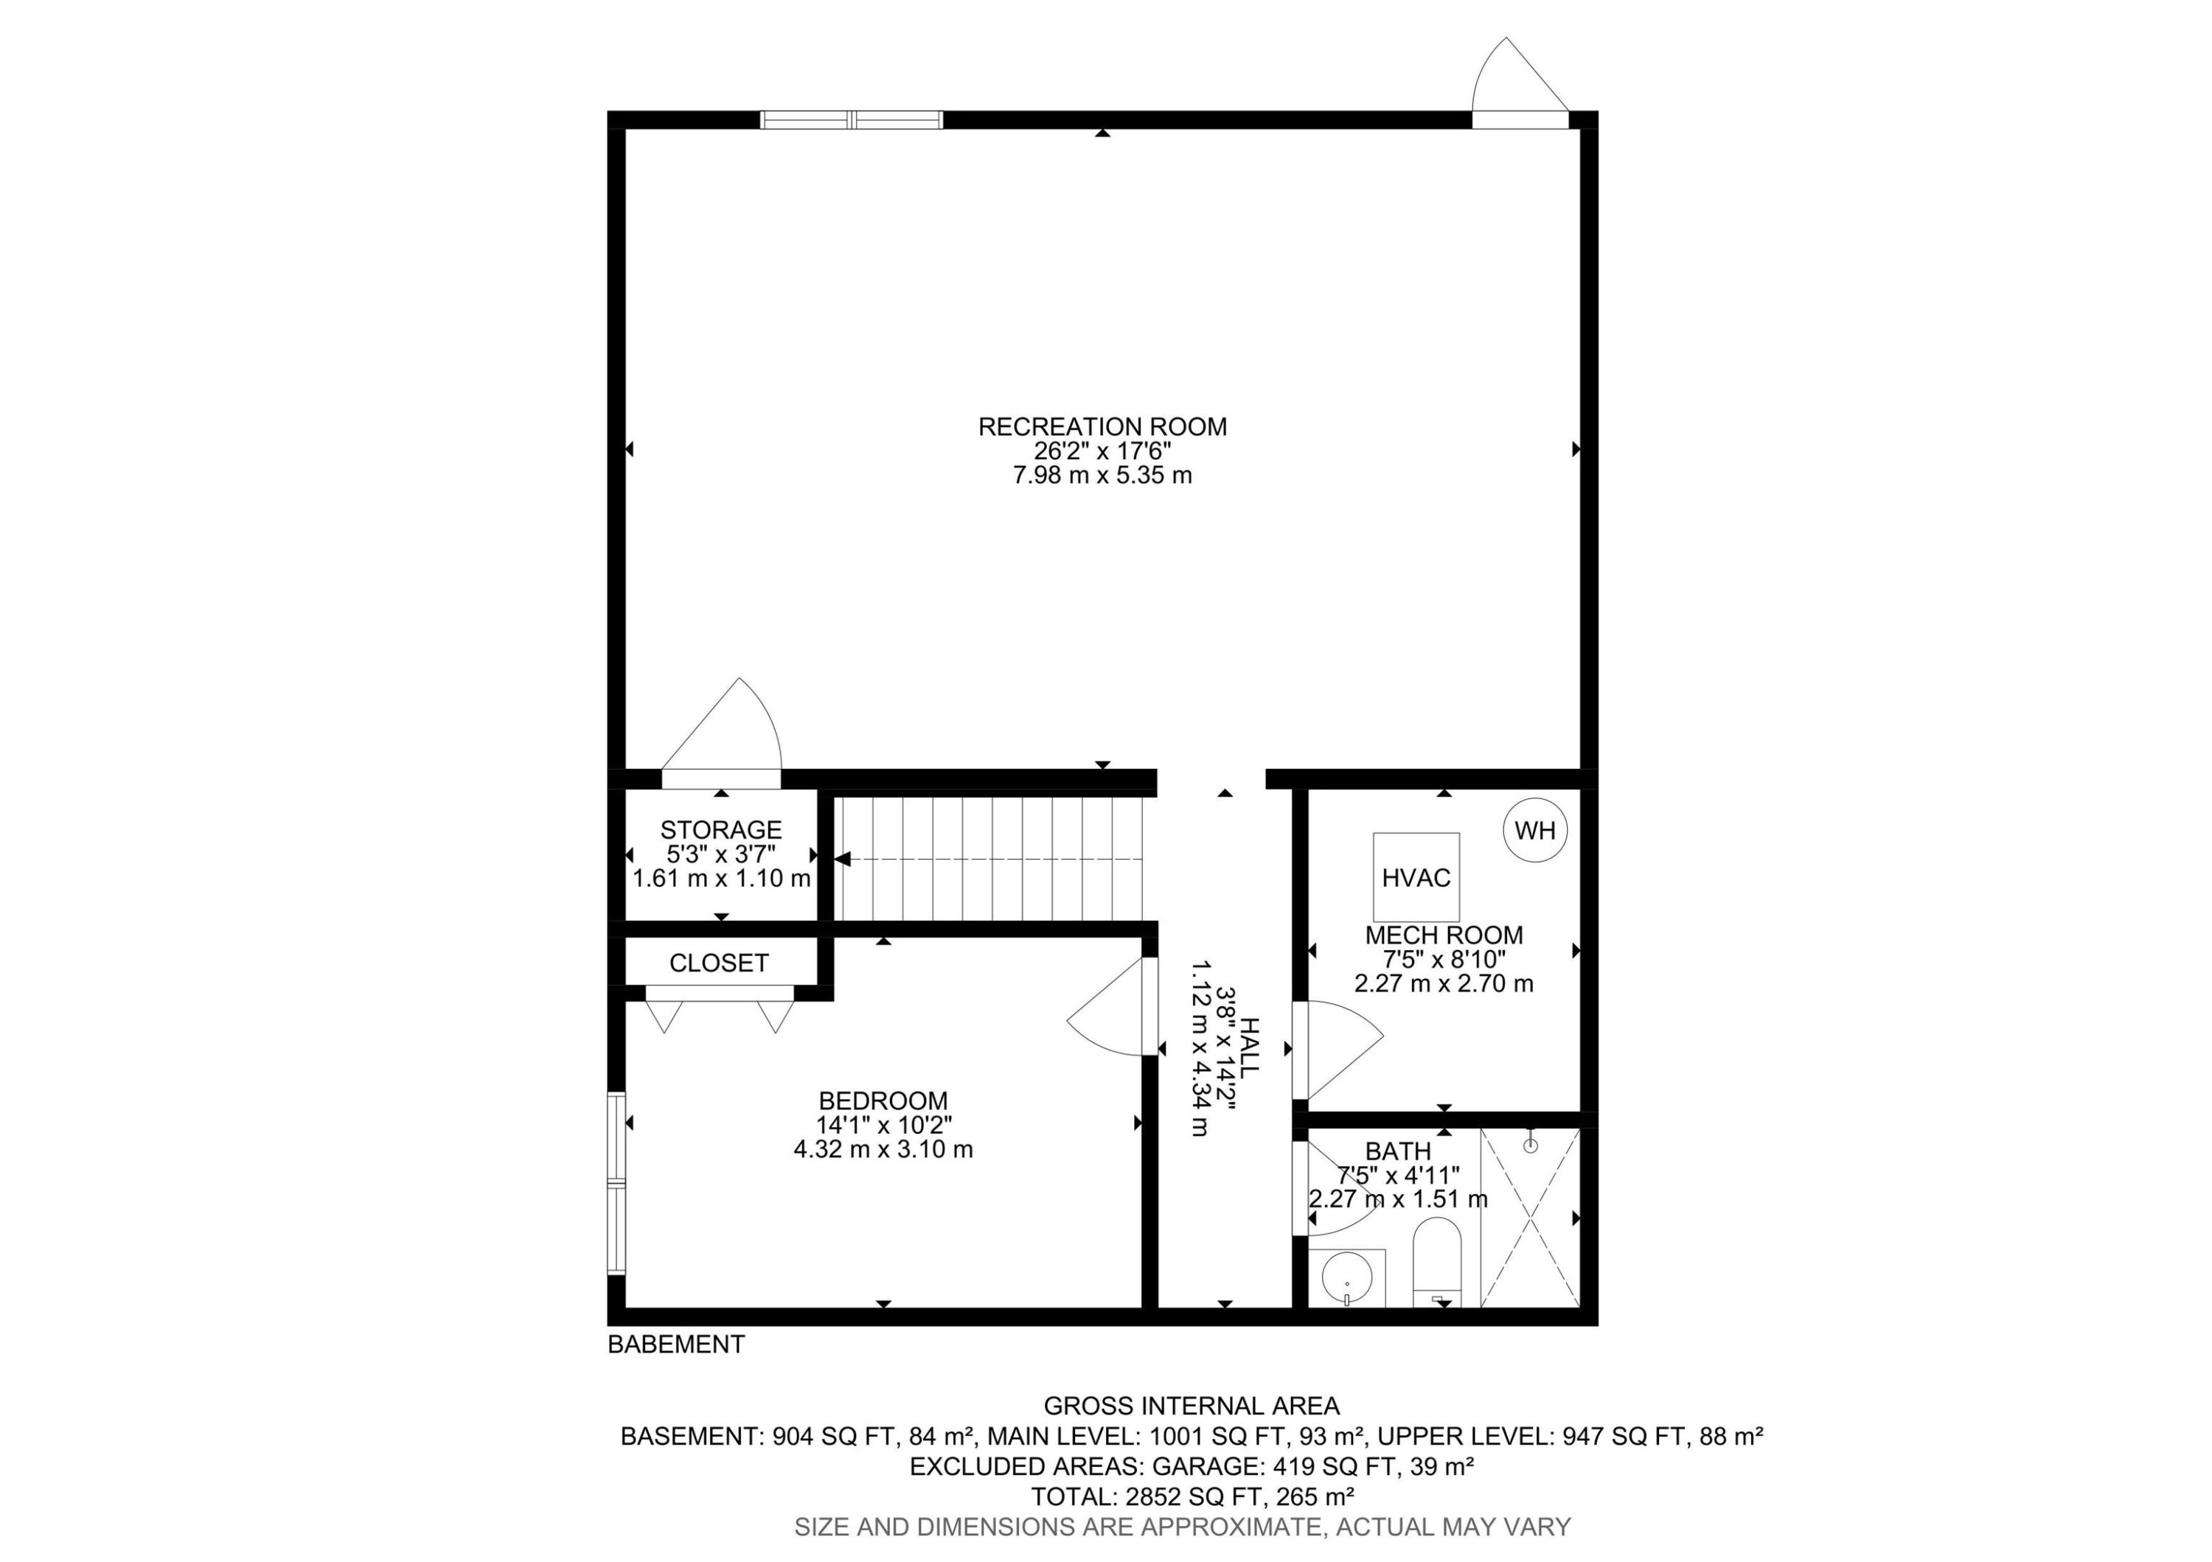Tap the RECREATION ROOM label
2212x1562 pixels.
1102,427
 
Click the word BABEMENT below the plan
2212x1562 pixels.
676,1345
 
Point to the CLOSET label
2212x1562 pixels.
719,963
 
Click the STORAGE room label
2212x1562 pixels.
720,829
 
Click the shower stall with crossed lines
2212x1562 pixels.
1530,1218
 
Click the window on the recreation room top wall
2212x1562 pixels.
851,119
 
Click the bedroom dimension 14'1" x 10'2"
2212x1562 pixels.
883,1125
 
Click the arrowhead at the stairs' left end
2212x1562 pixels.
842,858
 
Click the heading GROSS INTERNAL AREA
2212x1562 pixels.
1192,1406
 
